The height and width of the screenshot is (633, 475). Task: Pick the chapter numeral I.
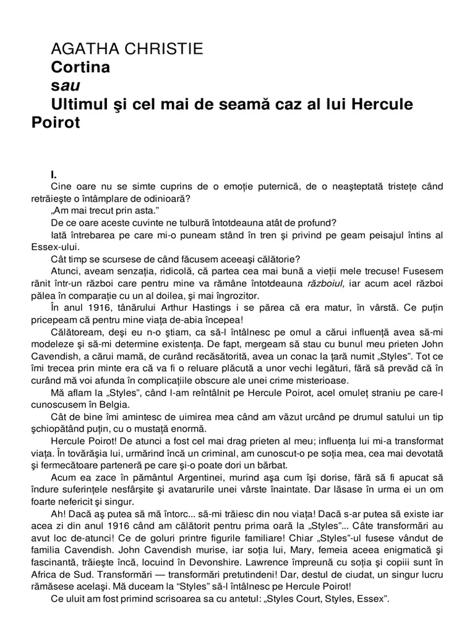tap(54, 175)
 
